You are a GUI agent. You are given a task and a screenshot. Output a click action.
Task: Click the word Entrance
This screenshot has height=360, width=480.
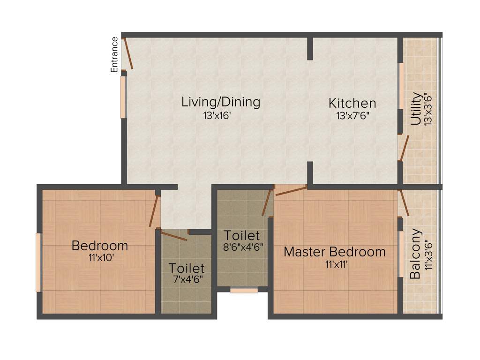pyautogui.click(x=114, y=54)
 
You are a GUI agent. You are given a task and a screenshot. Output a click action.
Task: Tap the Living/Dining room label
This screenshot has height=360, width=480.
pyautogui.click(x=221, y=102)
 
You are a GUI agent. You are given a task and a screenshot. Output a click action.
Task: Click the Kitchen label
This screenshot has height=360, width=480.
pyautogui.click(x=352, y=103)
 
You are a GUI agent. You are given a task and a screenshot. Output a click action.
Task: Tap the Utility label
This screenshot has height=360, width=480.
pyautogui.click(x=415, y=109)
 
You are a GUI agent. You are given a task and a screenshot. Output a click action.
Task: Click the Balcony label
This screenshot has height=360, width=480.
pyautogui.click(x=415, y=254)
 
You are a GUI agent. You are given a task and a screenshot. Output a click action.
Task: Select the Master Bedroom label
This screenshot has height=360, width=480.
pyautogui.click(x=335, y=252)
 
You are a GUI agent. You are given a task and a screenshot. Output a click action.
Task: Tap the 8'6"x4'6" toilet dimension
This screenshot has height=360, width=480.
pyautogui.click(x=242, y=247)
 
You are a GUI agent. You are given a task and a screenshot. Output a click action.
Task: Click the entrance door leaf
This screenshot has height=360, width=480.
pyautogui.click(x=128, y=55)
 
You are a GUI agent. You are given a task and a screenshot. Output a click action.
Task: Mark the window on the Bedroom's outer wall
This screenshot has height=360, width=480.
pyautogui.click(x=39, y=262)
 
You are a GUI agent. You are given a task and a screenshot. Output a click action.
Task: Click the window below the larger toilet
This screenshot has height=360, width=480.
pyautogui.click(x=244, y=291)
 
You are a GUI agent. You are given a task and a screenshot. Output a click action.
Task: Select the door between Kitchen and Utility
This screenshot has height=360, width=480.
pyautogui.click(x=404, y=148)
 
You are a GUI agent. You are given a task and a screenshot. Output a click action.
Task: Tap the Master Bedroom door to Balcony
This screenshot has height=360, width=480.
pyautogui.click(x=403, y=203)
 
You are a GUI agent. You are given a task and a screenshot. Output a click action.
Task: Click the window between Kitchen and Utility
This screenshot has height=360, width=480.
pyautogui.click(x=401, y=86)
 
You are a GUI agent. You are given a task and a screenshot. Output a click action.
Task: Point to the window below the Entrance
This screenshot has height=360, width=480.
pyautogui.click(x=123, y=97)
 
